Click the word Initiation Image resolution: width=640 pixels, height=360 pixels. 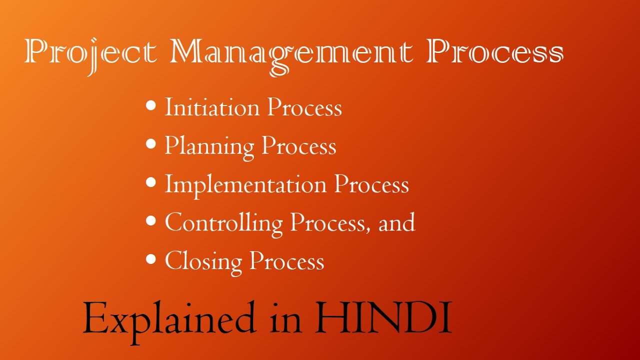[212, 107]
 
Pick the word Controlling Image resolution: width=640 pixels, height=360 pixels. [223, 223]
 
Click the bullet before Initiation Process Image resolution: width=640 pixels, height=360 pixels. [151, 105]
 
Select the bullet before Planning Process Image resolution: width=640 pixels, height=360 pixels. [151, 144]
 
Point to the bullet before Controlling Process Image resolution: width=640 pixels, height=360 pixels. [151, 220]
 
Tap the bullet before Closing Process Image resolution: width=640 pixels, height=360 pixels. [151, 259]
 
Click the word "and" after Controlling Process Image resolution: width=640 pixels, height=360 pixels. [396, 222]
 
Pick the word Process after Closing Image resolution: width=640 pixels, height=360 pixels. [287, 261]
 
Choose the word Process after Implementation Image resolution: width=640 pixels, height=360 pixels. [371, 184]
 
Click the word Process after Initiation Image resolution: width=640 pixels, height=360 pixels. [304, 107]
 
